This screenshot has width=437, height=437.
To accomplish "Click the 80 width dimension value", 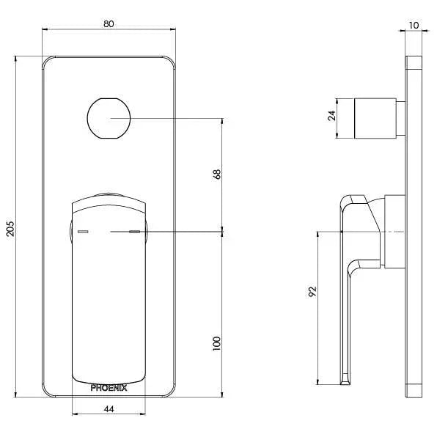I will point(109,23).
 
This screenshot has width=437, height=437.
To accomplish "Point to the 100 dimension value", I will point(216,343).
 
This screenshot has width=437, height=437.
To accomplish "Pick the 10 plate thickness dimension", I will point(415,25).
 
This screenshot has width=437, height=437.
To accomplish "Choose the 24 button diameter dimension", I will point(331,117).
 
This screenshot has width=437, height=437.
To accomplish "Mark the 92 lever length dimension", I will point(312,290).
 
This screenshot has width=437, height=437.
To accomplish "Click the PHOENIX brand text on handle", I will point(109,388).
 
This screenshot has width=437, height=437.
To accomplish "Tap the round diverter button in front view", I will point(109,117).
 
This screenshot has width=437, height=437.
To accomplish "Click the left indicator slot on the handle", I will point(82,232).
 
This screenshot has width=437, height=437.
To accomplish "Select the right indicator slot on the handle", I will point(134,232).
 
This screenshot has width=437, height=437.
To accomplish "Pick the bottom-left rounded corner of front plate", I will point(48,392).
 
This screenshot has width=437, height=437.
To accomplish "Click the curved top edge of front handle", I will point(109,194).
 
